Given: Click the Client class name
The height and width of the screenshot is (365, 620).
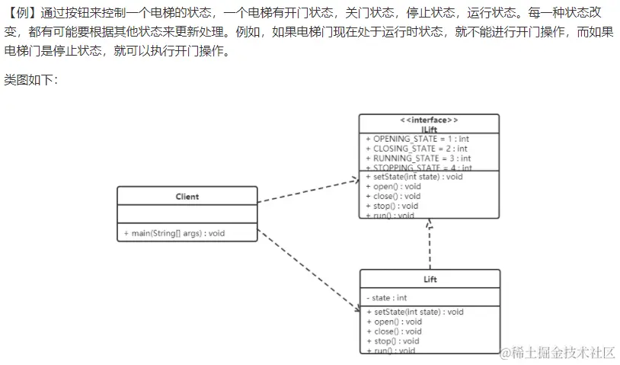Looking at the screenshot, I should (x=187, y=197).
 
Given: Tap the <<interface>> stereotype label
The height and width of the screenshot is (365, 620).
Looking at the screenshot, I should (x=429, y=120).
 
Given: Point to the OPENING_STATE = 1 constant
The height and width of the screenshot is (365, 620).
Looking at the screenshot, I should (x=417, y=139).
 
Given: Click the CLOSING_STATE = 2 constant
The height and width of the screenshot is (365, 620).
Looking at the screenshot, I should (x=417, y=149).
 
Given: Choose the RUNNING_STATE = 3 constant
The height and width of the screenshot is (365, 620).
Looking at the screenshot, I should (x=418, y=158).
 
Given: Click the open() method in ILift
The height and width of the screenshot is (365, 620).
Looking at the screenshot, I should (x=393, y=187).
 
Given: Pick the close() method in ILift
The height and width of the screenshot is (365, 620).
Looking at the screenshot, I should (x=393, y=196).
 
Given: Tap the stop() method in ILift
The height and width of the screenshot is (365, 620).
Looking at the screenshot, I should (x=392, y=206).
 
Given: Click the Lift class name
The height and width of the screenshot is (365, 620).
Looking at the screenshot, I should (x=430, y=280).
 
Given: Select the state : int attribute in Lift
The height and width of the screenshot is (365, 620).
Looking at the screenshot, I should (x=386, y=298).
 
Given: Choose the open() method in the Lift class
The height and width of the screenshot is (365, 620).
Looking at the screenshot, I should (x=394, y=322).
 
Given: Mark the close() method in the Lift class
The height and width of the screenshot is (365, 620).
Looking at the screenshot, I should (x=394, y=331).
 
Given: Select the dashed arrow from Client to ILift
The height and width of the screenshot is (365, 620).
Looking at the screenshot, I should (x=308, y=191).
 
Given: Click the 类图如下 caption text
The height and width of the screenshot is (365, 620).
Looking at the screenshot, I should (x=31, y=79).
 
